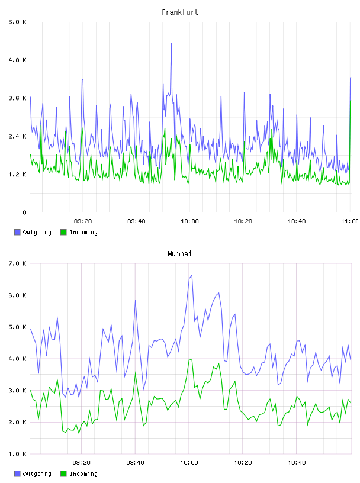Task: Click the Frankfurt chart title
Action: tap(180, 12)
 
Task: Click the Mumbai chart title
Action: tap(179, 253)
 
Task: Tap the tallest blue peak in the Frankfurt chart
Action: tap(171, 43)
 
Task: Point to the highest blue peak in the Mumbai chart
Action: tap(192, 275)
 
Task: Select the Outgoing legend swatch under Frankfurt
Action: tap(17, 232)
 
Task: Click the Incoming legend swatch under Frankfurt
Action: tap(63, 232)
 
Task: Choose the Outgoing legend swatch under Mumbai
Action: tap(17, 474)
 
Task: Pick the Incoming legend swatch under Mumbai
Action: tap(63, 474)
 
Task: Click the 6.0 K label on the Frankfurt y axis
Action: tap(17, 22)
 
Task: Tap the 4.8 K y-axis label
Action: tap(17, 60)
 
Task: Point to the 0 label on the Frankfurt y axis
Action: tap(24, 212)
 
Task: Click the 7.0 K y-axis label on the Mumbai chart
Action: tap(17, 263)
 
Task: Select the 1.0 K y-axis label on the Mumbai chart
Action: tap(17, 454)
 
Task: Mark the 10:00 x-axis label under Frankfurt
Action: tap(189, 221)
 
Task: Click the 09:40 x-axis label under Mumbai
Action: tap(136, 463)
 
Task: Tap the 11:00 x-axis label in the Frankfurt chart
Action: tap(350, 221)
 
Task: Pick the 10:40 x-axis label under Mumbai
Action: tap(297, 463)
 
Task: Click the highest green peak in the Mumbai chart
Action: tap(189, 359)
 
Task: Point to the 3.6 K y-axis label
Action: tap(17, 98)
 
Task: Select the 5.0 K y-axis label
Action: tap(17, 327)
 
